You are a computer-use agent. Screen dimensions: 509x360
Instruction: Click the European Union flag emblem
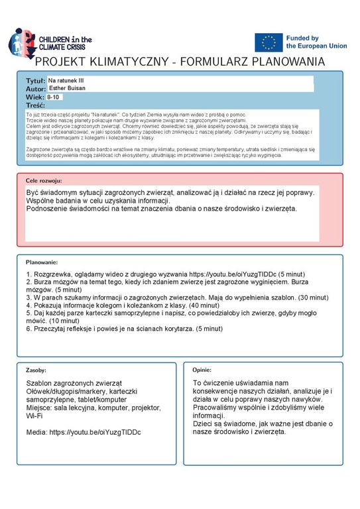[x=269, y=42]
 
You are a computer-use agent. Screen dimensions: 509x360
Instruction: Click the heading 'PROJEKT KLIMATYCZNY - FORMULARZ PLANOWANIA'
[x=180, y=62]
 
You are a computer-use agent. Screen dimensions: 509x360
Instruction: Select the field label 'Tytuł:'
[x=35, y=80]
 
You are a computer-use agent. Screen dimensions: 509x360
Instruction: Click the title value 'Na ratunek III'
[x=66, y=80]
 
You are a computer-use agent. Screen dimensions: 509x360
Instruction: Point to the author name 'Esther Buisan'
[x=68, y=88]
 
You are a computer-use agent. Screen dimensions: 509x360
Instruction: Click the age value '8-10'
[x=53, y=97]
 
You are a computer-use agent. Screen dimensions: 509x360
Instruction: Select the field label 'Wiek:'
[x=34, y=97]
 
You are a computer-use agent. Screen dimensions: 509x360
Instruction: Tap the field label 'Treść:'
[x=35, y=105]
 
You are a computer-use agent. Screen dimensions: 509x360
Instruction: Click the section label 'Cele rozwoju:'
[x=44, y=180]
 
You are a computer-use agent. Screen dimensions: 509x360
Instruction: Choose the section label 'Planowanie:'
[x=42, y=262]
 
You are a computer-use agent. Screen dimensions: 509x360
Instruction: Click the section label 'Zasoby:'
[x=36, y=370]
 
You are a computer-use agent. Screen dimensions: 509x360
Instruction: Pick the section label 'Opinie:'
[x=202, y=370]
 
